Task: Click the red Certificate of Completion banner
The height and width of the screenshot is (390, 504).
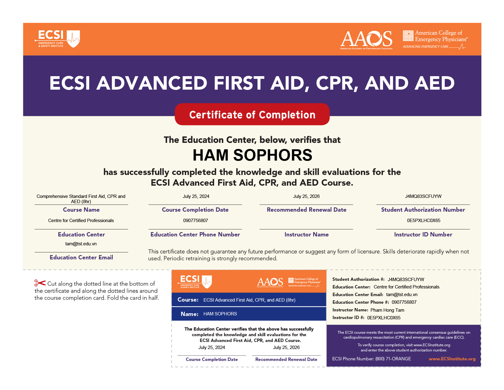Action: pyautogui.click(x=252, y=114)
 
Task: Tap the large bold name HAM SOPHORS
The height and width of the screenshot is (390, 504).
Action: pyautogui.click(x=252, y=155)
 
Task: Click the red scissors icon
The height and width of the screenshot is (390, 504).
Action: pyautogui.click(x=40, y=283)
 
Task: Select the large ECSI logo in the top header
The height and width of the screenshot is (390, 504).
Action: pyautogui.click(x=57, y=39)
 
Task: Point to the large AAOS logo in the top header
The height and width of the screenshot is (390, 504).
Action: pyautogui.click(x=366, y=39)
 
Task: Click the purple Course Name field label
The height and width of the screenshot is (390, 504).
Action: pyautogui.click(x=81, y=210)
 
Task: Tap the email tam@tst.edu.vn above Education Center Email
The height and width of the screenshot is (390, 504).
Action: pyautogui.click(x=81, y=244)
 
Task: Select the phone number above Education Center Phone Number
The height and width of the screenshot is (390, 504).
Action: pyautogui.click(x=195, y=221)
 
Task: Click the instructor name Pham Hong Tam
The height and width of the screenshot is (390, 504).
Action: pyautogui.click(x=387, y=310)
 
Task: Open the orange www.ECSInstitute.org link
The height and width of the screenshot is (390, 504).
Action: pyautogui.click(x=452, y=359)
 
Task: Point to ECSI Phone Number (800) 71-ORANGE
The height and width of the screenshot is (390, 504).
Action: pyautogui.click(x=371, y=359)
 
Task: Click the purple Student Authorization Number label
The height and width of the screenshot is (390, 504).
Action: pyautogui.click(x=423, y=210)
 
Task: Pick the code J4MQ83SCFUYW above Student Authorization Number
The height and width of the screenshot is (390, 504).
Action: pyautogui.click(x=423, y=196)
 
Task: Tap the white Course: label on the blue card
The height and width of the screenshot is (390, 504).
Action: pyautogui.click(x=188, y=300)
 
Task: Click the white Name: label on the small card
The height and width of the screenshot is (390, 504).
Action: pyautogui.click(x=189, y=314)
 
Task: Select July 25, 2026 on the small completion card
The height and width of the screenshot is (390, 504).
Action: pyautogui.click(x=286, y=347)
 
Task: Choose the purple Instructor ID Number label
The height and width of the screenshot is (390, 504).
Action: pyautogui.click(x=423, y=235)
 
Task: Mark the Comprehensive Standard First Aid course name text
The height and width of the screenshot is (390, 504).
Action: pyautogui.click(x=81, y=199)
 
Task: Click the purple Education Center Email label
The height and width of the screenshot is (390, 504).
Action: pyautogui.click(x=81, y=258)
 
